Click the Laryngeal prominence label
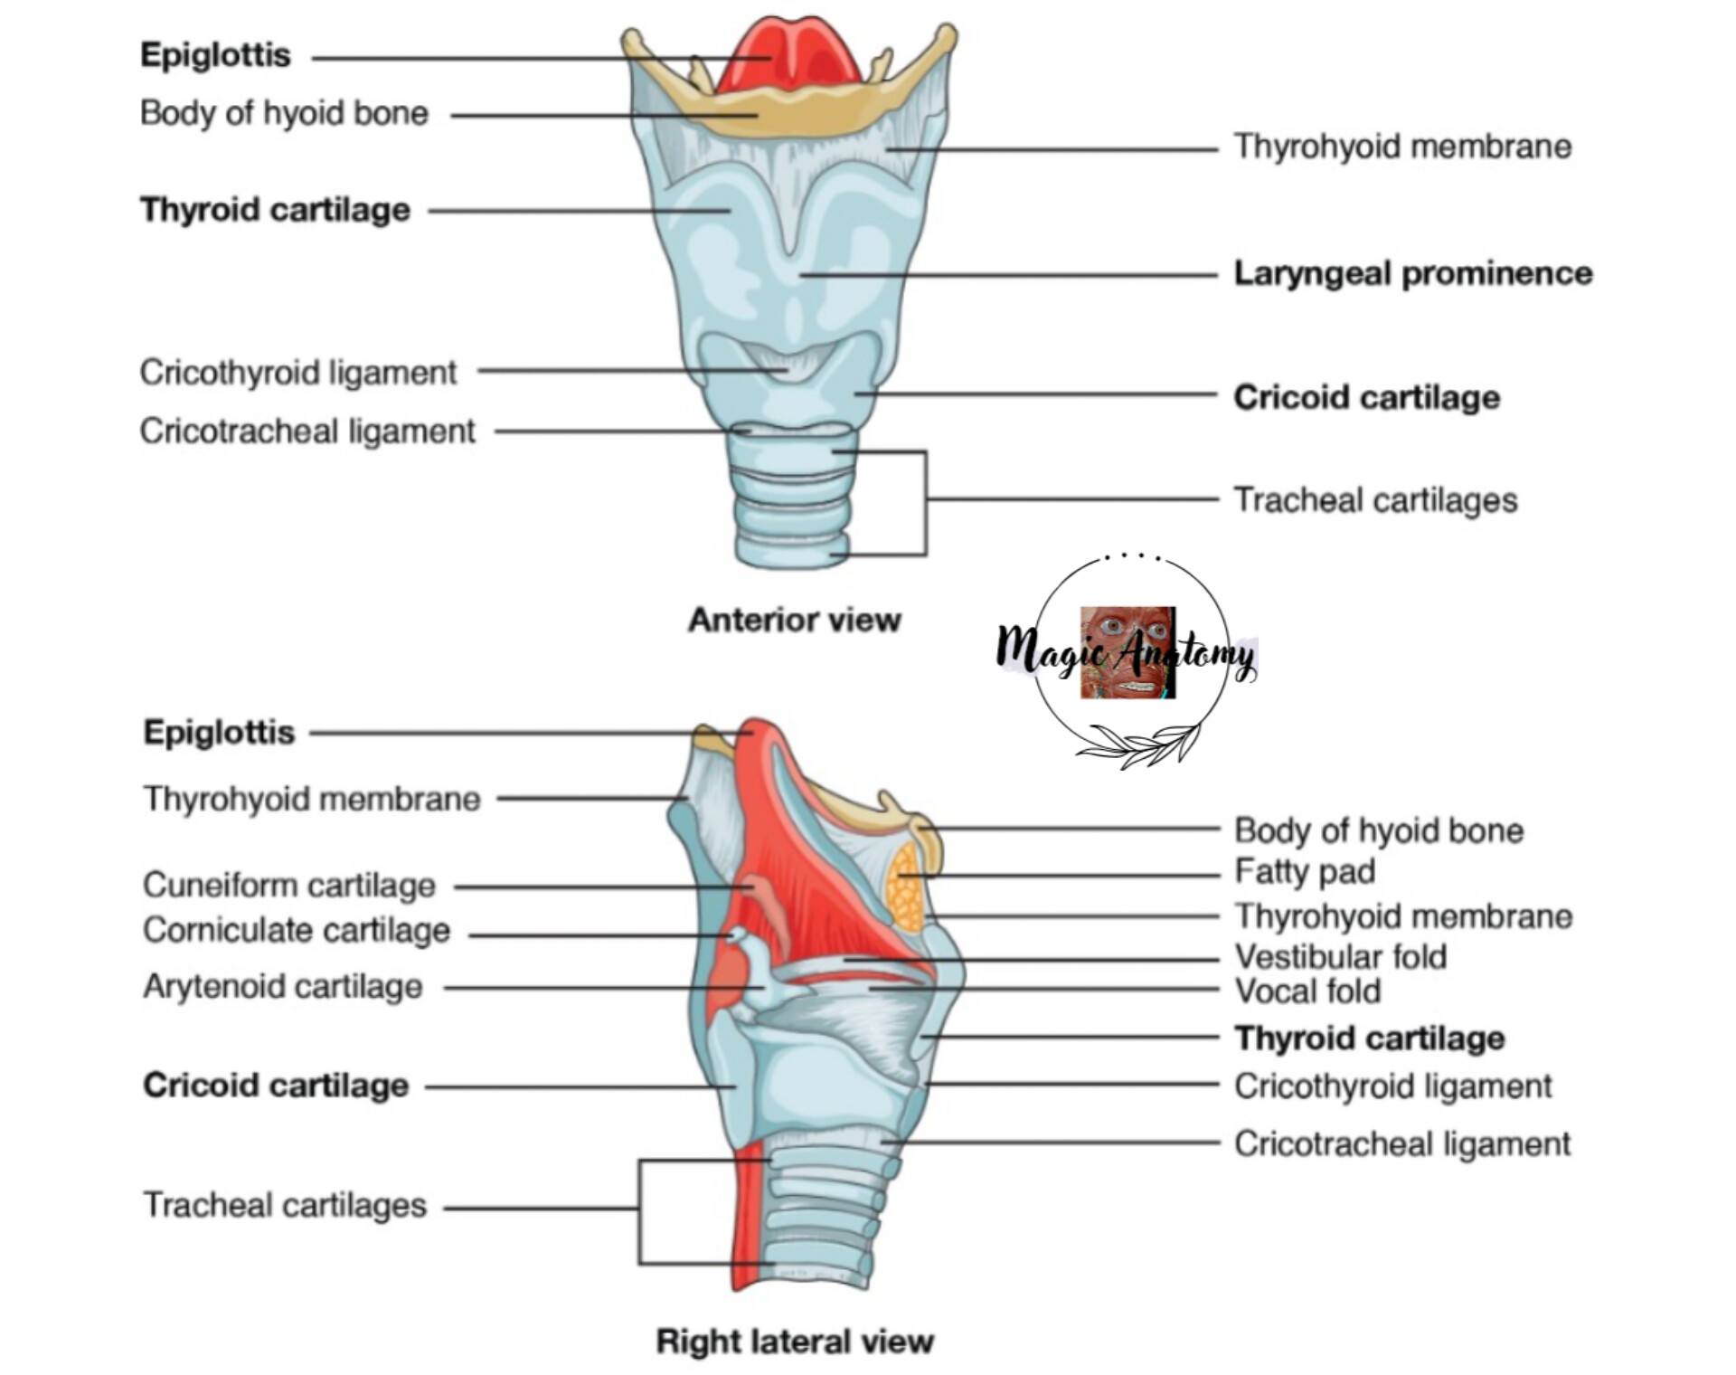point(1412,273)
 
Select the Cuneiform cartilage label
point(289,885)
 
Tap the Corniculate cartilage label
point(297,930)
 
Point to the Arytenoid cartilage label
point(283,986)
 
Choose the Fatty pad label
point(1305,872)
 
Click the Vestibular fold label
point(1341,956)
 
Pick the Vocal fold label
point(1307,991)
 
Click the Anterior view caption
point(795,620)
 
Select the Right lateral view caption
point(795,1341)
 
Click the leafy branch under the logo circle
point(1137,745)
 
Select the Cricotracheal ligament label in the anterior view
point(307,431)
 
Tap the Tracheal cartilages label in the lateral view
point(285,1205)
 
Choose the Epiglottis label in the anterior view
point(215,55)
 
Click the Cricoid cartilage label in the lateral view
point(276,1085)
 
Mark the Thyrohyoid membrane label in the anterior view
point(1403,147)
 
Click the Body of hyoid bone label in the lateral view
point(1379,830)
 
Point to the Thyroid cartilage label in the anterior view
point(275,210)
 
